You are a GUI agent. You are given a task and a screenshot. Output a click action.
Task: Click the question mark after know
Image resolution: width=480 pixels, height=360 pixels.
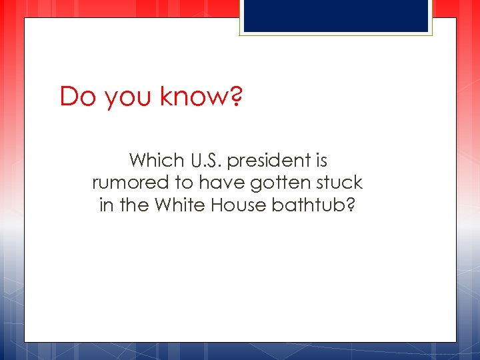(x=235, y=97)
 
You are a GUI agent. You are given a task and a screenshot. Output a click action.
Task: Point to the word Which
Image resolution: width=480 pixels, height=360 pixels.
(x=156, y=161)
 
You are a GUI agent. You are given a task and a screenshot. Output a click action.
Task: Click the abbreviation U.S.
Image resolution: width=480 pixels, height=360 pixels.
(x=207, y=161)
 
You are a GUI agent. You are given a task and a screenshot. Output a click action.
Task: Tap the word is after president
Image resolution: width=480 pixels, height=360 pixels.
(x=321, y=161)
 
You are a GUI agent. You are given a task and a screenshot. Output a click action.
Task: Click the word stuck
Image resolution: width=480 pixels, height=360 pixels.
(x=340, y=183)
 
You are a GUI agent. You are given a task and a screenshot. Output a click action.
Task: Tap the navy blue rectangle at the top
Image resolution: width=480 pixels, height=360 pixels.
(x=335, y=15)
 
